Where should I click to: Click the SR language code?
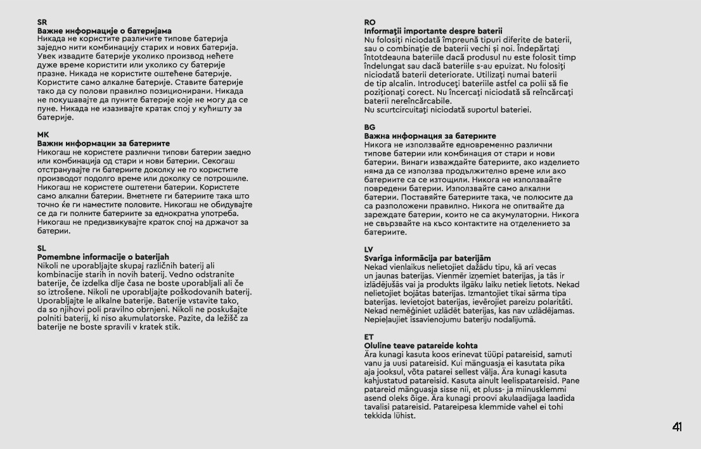point(42,23)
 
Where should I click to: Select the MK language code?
point(42,136)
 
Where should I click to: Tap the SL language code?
point(42,249)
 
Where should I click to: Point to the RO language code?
point(370,23)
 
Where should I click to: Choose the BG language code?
point(370,128)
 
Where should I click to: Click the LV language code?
point(369,250)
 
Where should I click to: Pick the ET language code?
point(369,338)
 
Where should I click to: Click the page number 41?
point(677,427)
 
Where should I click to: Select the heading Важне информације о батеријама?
point(104,30)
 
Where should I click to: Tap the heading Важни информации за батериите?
point(103,144)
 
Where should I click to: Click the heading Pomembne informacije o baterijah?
point(103,256)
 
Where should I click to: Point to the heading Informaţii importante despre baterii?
point(433,30)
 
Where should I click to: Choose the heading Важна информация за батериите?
point(430,136)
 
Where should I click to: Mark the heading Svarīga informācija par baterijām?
point(427,258)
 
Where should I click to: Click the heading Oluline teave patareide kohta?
point(421,346)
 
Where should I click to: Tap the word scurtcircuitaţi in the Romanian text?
point(406,110)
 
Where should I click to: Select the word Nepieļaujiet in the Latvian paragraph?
point(387,319)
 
